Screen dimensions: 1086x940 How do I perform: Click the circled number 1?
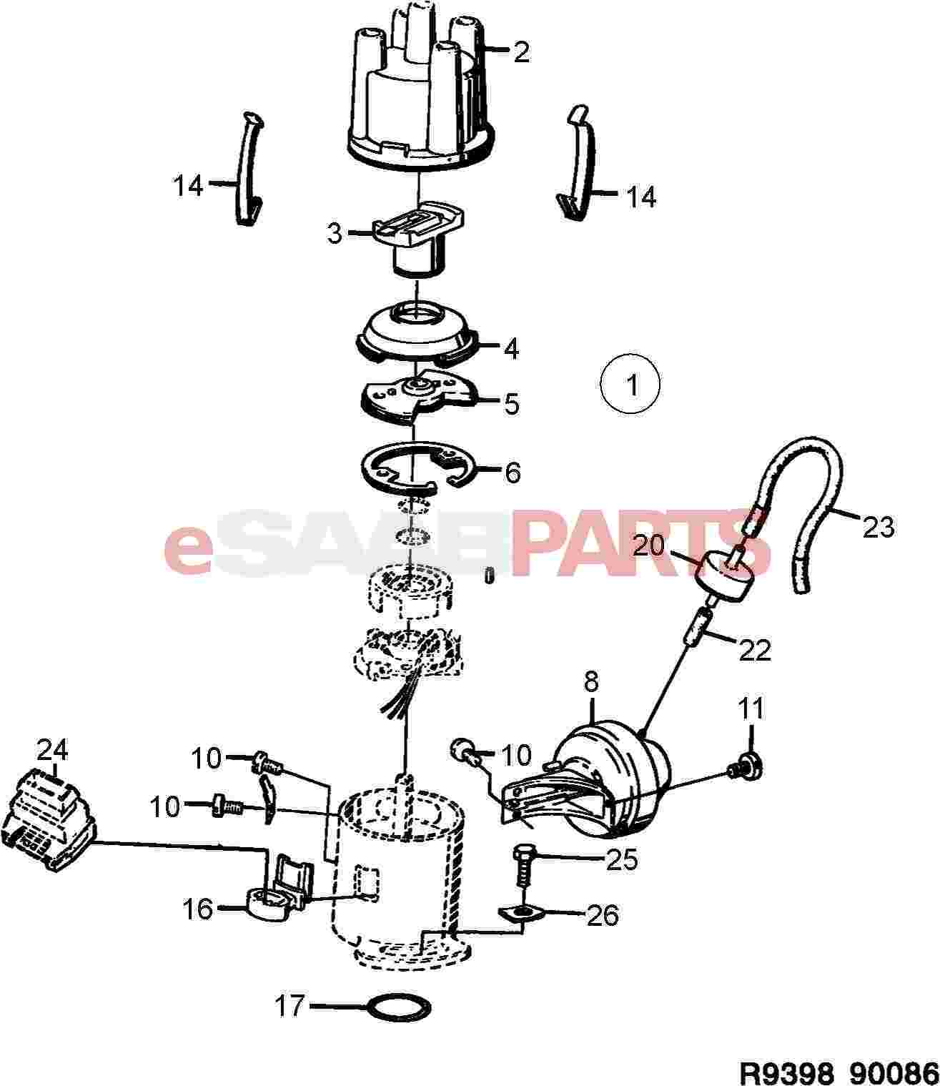630,386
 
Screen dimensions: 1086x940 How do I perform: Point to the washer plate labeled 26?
520,913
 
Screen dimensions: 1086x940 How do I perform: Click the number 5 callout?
512,404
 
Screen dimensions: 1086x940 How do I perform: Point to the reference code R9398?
786,1072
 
